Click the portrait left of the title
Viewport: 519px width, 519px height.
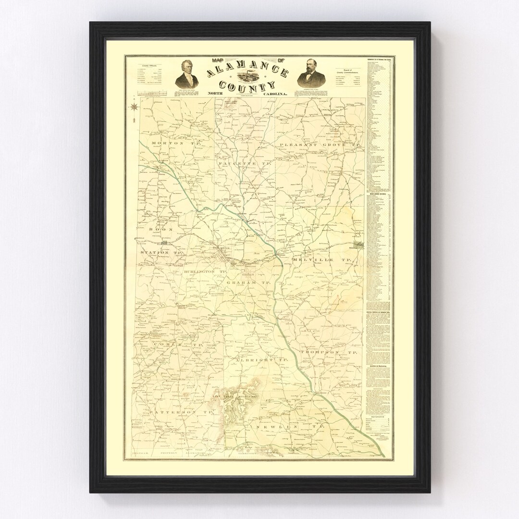187,74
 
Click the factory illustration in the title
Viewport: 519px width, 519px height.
248,77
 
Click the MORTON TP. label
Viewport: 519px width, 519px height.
167,143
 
